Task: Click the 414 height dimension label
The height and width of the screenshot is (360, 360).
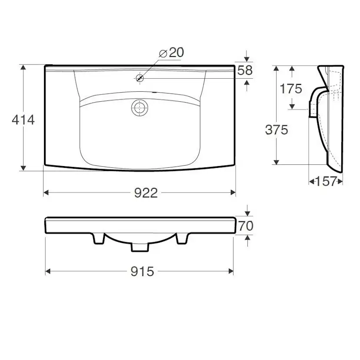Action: point(23,120)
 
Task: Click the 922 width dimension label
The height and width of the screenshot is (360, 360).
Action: point(146,193)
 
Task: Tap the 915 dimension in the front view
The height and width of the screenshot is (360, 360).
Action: point(142,272)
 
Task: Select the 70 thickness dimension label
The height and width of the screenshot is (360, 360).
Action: point(246,226)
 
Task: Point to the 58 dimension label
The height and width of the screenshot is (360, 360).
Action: point(245,70)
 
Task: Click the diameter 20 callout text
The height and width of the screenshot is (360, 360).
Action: point(171,53)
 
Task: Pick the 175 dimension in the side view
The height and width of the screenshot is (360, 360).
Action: point(291,89)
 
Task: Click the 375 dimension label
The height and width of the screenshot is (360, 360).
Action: point(277,130)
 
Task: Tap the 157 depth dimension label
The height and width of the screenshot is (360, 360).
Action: point(326,181)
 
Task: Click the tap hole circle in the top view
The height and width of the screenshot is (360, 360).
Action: point(140,78)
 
